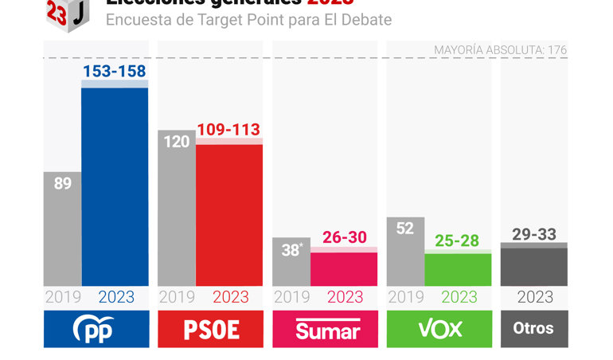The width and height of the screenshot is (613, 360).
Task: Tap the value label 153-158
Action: tap(115, 71)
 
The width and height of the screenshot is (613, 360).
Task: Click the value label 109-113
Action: tap(229, 129)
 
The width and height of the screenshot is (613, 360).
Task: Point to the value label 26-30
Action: tap(344, 237)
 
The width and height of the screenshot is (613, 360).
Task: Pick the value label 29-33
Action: tap(534, 233)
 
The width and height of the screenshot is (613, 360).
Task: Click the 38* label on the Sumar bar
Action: tap(291, 249)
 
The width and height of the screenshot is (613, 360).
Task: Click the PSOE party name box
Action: tap(210, 330)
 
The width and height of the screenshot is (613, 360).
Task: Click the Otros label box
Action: tap(534, 330)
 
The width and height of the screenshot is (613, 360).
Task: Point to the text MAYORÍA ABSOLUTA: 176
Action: tap(500, 50)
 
